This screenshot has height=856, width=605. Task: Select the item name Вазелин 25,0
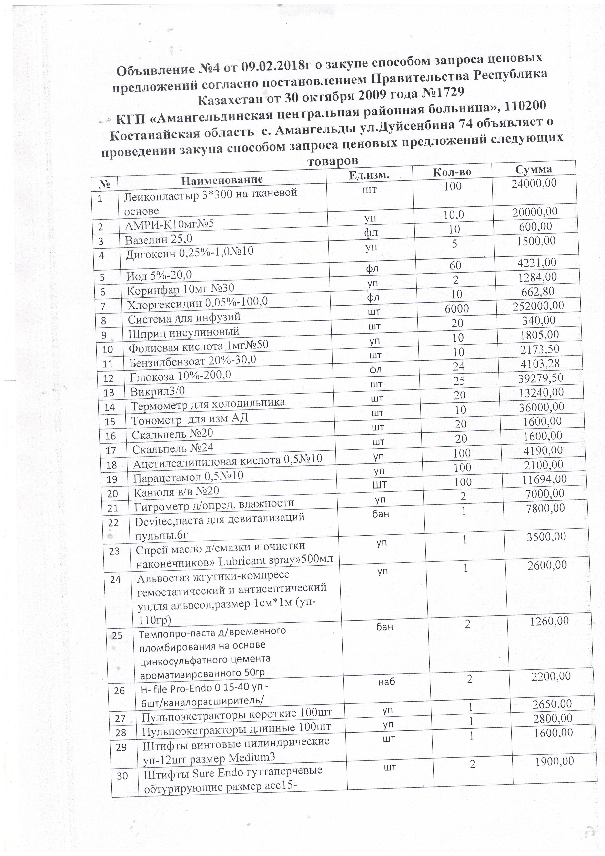click(x=158, y=239)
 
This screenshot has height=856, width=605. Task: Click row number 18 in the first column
click(x=111, y=465)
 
